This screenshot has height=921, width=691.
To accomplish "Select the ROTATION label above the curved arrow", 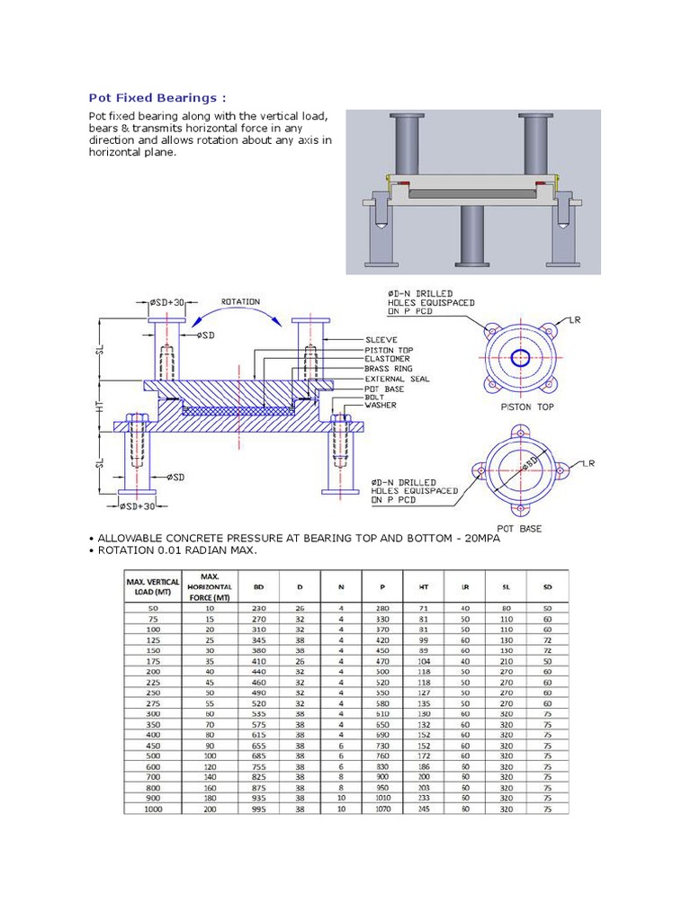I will [241, 301].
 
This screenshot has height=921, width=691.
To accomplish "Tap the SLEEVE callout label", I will [381, 339].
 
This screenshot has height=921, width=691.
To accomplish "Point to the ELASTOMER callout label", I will [387, 359].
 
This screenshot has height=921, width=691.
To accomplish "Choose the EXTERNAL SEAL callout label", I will [395, 379].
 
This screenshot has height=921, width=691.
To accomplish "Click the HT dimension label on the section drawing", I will [101, 407].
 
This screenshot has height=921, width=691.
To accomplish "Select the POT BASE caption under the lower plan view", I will [519, 529].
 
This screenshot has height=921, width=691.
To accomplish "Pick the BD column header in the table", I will [259, 587].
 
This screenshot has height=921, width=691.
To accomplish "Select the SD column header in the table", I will [546, 587].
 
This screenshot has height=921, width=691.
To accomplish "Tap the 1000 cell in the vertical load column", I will [152, 809].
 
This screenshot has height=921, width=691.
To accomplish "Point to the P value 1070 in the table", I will [381, 809].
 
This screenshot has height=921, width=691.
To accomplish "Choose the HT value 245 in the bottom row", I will [424, 809].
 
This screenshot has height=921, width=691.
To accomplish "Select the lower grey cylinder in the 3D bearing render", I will [473, 235].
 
